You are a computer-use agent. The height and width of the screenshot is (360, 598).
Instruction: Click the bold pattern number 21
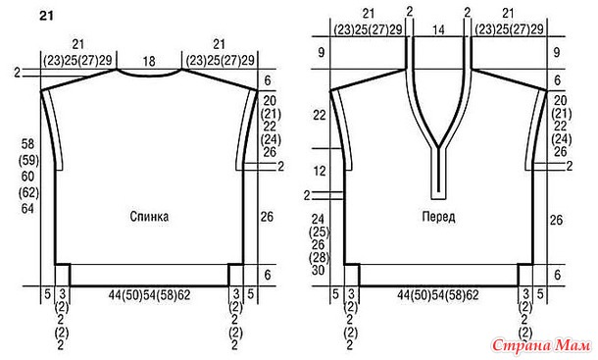(x=46, y=17)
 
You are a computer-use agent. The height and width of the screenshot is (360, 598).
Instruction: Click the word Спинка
(x=149, y=217)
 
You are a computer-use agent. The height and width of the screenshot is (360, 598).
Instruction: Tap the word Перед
(x=438, y=217)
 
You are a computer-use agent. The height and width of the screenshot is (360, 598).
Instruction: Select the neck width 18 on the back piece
(x=149, y=61)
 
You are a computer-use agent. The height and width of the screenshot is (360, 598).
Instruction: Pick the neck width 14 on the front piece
(x=438, y=29)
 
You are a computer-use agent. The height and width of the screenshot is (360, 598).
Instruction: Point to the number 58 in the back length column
(x=27, y=144)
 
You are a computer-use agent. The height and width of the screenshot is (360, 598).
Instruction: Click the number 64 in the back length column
(x=27, y=209)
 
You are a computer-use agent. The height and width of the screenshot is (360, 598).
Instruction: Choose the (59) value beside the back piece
(x=28, y=160)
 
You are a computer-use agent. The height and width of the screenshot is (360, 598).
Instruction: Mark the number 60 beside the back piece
(x=27, y=177)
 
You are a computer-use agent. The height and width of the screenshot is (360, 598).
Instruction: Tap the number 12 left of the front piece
(x=320, y=171)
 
